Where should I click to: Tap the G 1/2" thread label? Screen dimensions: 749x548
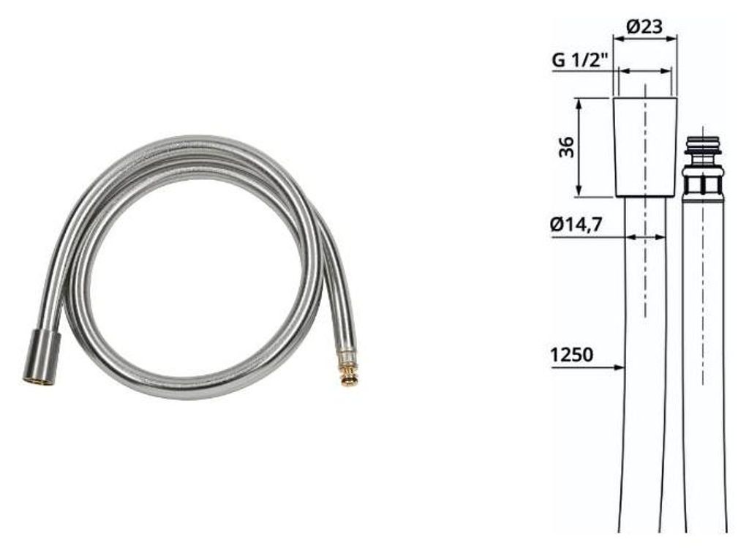pos(579,60)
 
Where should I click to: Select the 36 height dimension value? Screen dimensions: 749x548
pos(567,147)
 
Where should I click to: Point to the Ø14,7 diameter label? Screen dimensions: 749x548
pos(576,224)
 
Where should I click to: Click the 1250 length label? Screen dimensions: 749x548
pos(571,355)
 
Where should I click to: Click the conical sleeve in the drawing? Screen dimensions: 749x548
pos(645,147)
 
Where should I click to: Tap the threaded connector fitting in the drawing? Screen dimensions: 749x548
pos(702,167)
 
